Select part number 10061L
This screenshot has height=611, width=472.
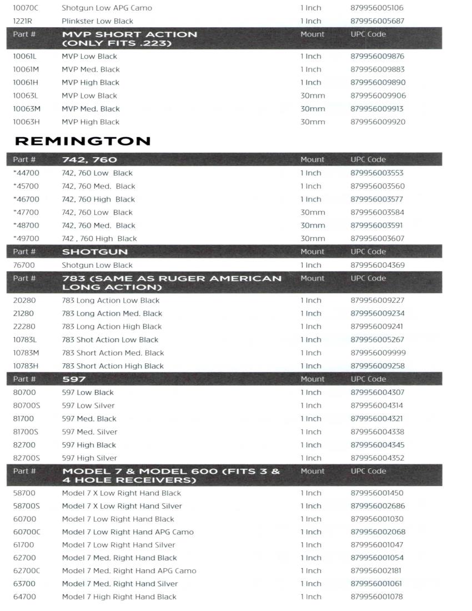pyautogui.click(x=26, y=57)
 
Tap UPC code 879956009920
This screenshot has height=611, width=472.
pyautogui.click(x=378, y=122)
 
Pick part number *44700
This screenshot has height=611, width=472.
pyautogui.click(x=26, y=173)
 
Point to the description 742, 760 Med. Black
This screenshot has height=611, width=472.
pyautogui.click(x=98, y=187)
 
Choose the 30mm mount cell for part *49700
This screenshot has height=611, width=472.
pyautogui.click(x=313, y=239)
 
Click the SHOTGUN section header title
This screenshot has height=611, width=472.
pyautogui.click(x=95, y=252)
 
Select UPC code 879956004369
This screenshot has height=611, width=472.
pyautogui.click(x=378, y=266)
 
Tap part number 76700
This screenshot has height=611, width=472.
pyautogui.click(x=24, y=266)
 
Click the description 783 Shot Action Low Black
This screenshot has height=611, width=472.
pyautogui.click(x=110, y=340)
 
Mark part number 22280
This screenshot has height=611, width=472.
pyautogui.click(x=24, y=327)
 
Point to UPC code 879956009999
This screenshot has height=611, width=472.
pyautogui.click(x=378, y=353)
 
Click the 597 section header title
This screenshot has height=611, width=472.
pyautogui.click(x=74, y=379)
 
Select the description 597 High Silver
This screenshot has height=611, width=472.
pyautogui.click(x=89, y=458)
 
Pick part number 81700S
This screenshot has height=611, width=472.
pyautogui.click(x=26, y=432)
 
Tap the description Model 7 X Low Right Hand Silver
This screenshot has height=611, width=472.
pyautogui.click(x=122, y=507)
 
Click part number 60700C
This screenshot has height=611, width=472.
pyautogui.click(x=27, y=532)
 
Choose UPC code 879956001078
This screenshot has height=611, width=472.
pyautogui.click(x=378, y=597)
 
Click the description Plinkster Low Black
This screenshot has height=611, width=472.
pyautogui.click(x=97, y=21)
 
